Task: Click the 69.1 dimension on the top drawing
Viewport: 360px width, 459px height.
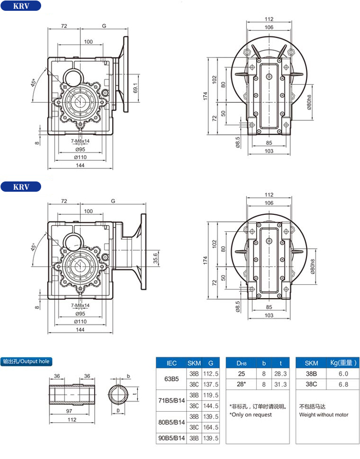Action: click(135, 88)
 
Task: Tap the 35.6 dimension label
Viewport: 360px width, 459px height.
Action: click(155, 258)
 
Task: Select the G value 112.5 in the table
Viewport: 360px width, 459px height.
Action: click(211, 374)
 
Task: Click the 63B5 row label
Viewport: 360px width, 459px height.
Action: click(171, 379)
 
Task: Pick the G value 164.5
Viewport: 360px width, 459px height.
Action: click(211, 427)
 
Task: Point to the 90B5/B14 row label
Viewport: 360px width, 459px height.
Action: click(172, 438)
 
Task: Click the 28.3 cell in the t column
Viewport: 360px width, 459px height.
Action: click(281, 374)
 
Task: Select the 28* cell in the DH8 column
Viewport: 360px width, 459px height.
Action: click(241, 384)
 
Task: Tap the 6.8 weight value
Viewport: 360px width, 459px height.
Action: click(344, 384)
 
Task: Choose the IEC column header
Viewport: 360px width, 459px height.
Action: click(172, 363)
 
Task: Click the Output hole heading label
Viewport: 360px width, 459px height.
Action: click(26, 361)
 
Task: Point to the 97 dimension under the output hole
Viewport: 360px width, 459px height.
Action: click(69, 411)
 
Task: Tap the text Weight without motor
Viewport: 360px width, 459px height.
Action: click(323, 414)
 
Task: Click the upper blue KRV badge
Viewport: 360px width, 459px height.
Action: click(21, 6)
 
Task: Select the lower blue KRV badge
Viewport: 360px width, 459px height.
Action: click(21, 187)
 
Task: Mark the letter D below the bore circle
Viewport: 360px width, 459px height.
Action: click(118, 411)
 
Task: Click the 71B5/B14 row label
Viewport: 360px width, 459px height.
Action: click(172, 400)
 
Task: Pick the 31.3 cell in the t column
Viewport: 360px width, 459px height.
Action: click(281, 384)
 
